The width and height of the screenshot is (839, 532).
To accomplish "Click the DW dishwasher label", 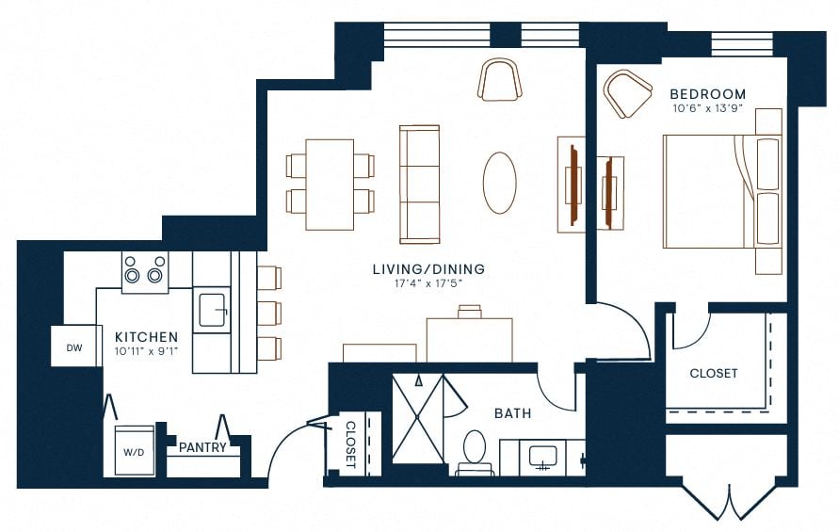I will point(73,347).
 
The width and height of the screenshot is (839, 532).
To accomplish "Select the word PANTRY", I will point(202,447).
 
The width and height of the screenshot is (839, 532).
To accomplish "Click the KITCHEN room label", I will point(146,336).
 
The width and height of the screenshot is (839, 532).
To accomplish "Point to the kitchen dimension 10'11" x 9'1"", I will point(146,351).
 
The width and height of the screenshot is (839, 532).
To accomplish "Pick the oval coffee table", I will point(499,183).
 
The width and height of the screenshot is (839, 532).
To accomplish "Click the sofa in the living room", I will point(420,183).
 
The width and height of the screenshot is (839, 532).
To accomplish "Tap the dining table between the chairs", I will point(330,184).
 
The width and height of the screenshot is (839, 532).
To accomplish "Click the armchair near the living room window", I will point(499,79).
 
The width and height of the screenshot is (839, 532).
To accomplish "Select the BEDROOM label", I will point(707,94).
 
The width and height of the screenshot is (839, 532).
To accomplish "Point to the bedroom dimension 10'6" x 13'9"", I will point(707,109).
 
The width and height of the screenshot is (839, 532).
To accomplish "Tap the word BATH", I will point(512,412).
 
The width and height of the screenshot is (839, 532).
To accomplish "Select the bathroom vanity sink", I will point(541,458).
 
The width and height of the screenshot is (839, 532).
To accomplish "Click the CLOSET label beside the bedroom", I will point(714,373).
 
